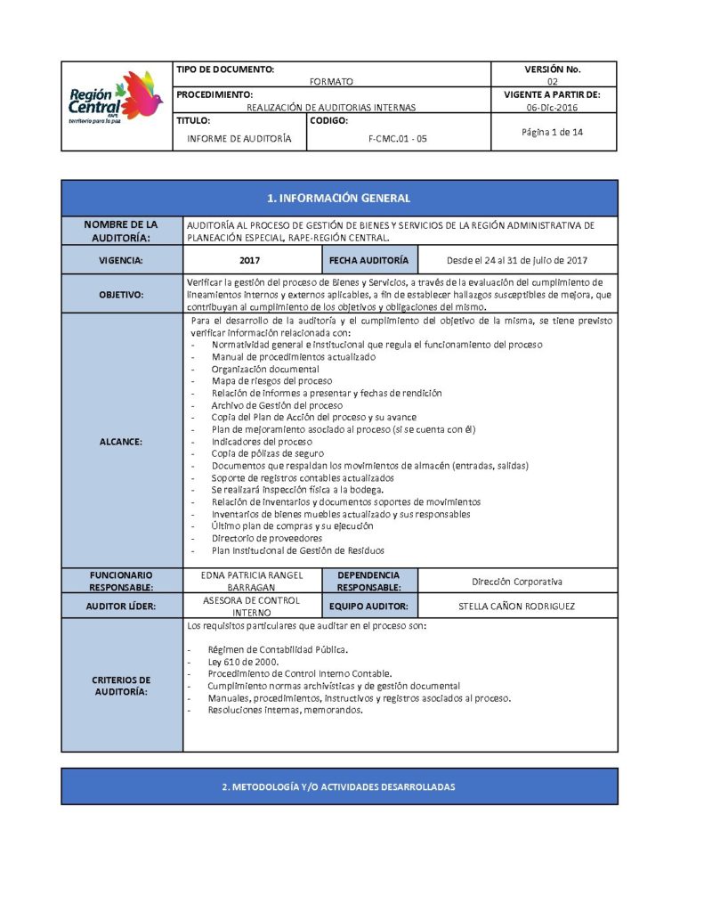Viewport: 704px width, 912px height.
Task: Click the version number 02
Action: (553, 81)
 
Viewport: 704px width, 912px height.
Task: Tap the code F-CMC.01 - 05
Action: (397, 138)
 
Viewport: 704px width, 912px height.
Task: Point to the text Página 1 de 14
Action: (553, 132)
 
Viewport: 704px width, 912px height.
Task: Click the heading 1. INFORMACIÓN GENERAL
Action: (338, 199)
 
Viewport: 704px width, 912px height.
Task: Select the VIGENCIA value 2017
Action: (251, 261)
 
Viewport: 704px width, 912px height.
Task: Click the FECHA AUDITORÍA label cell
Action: (368, 260)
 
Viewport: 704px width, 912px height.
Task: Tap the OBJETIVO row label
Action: (121, 294)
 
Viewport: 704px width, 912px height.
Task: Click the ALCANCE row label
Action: (121, 441)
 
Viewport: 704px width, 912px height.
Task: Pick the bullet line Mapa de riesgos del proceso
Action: (271, 381)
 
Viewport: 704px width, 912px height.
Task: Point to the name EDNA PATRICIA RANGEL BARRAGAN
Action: (251, 581)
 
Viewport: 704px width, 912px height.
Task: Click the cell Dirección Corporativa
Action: (516, 581)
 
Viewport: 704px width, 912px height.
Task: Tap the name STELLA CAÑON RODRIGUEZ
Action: (516, 607)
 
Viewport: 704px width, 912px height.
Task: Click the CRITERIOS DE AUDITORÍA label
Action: (121, 686)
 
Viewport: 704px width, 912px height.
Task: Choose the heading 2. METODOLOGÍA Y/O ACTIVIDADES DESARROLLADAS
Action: (338, 787)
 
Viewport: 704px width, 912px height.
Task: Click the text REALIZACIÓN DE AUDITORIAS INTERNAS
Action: (331, 107)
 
